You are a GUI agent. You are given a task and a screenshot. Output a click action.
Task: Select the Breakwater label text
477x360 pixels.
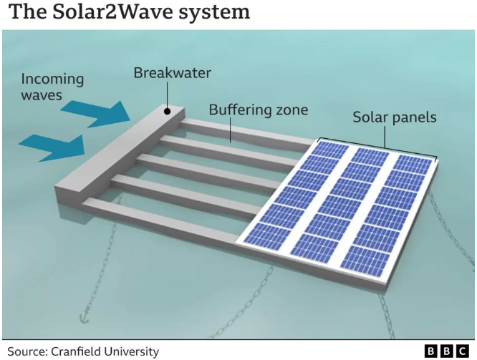click(x=173, y=73)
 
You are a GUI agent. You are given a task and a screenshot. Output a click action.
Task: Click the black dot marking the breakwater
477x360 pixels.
click(x=168, y=111)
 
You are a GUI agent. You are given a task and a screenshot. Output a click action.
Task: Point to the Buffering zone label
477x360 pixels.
click(x=258, y=110)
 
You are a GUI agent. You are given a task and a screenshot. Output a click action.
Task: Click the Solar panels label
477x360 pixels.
click(x=394, y=117)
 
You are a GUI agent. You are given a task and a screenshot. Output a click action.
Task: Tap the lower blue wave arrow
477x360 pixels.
click(x=54, y=145)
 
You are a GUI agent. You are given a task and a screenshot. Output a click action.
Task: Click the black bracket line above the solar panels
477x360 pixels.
click(x=375, y=146)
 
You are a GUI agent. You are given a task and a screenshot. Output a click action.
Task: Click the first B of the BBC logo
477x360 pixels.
click(x=430, y=351)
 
